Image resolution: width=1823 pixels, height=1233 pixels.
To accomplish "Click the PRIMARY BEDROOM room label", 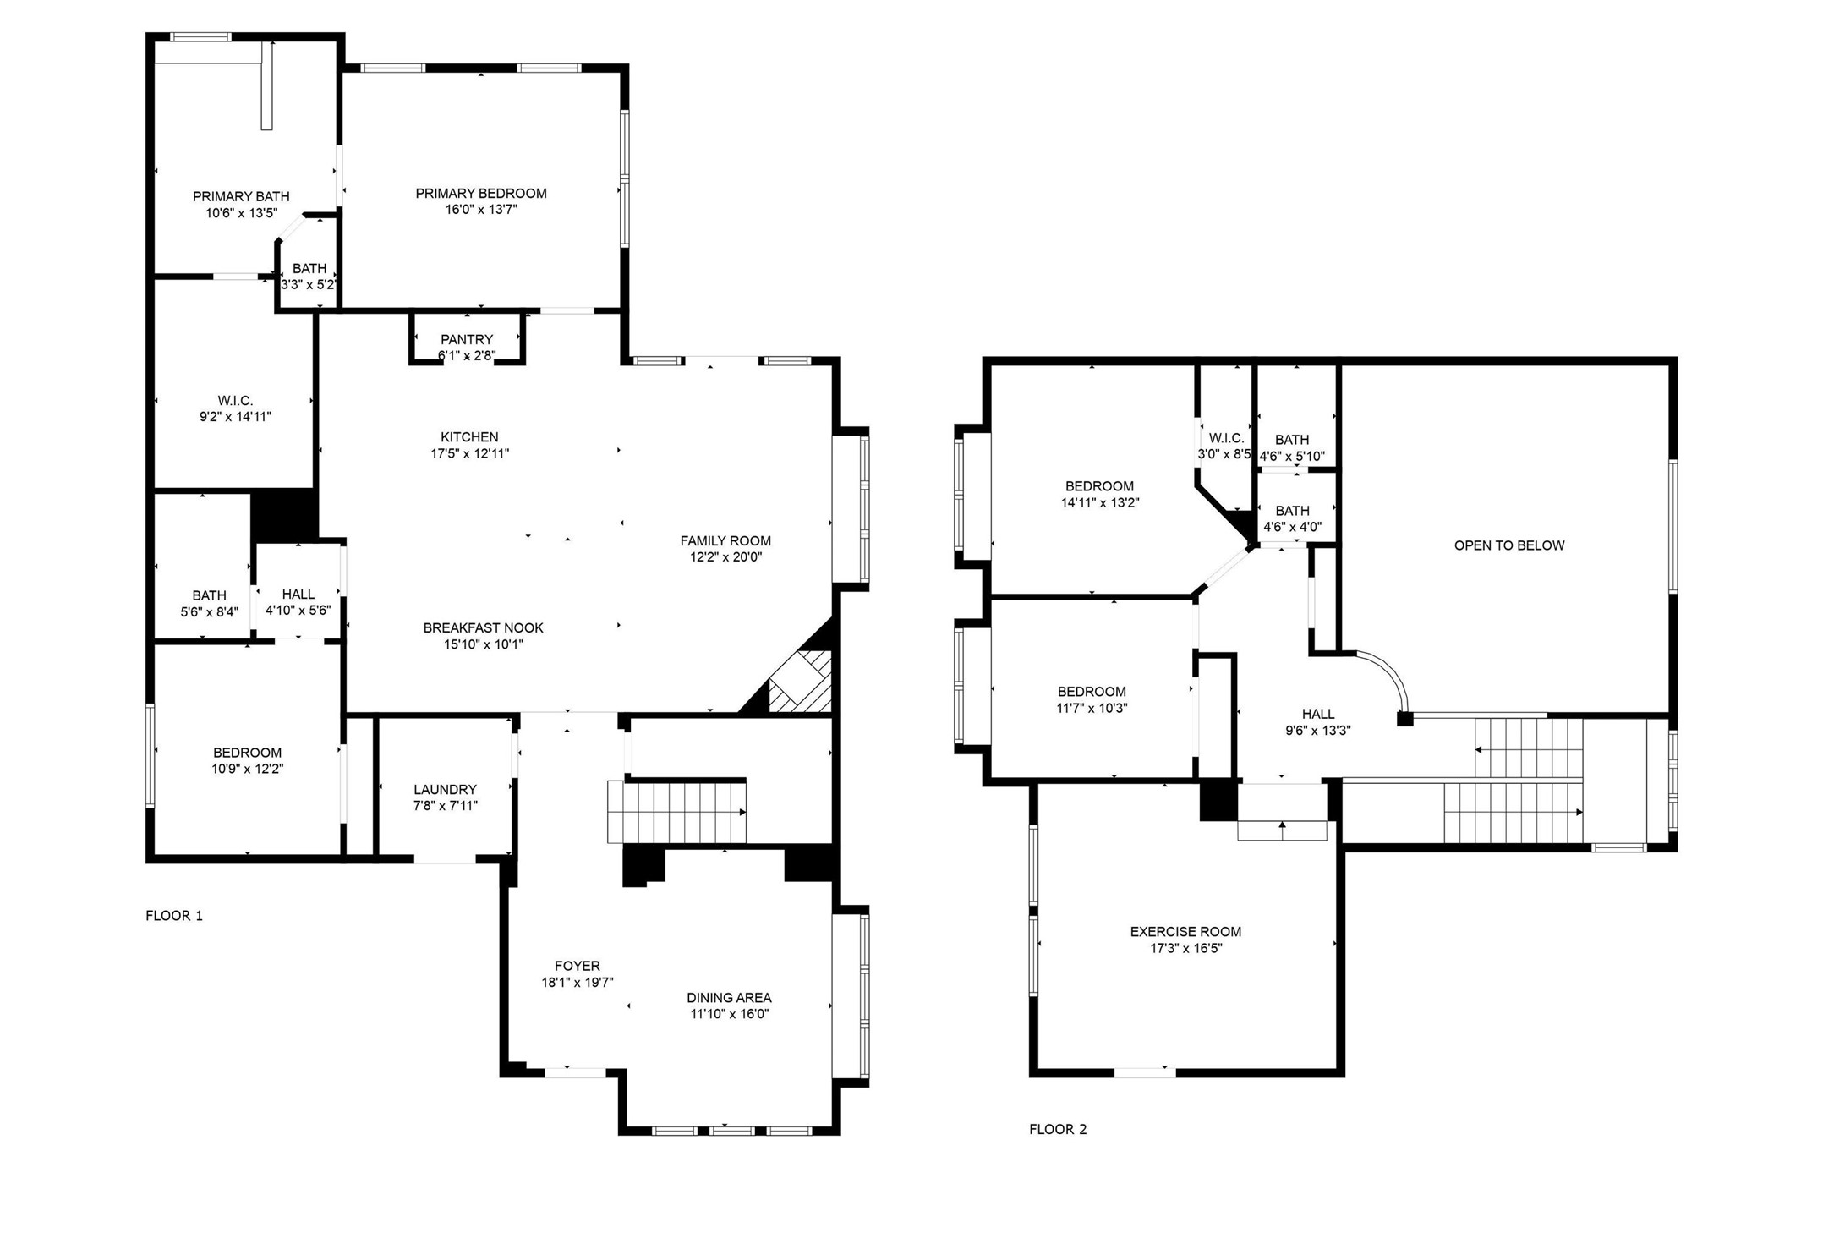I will click(480, 194).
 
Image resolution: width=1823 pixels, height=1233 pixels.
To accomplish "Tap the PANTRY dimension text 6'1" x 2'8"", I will click(466, 356).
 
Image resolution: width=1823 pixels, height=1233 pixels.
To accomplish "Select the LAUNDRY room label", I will click(445, 789).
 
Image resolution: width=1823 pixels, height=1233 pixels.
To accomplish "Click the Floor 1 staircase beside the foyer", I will click(676, 813).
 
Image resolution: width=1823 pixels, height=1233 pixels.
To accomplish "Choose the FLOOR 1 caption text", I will click(174, 916).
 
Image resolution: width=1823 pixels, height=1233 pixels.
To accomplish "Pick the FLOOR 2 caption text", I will click(1057, 1129).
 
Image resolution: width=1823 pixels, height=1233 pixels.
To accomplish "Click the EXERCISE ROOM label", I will click(1185, 932).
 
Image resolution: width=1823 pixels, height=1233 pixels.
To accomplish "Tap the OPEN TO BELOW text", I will click(1508, 545).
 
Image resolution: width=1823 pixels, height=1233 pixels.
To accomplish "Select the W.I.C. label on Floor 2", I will click(1225, 438).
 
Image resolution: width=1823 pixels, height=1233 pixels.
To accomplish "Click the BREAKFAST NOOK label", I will click(483, 628).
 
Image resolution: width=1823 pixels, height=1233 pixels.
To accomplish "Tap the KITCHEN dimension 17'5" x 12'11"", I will click(469, 453).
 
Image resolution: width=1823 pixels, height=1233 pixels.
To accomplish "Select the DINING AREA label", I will click(728, 998).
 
